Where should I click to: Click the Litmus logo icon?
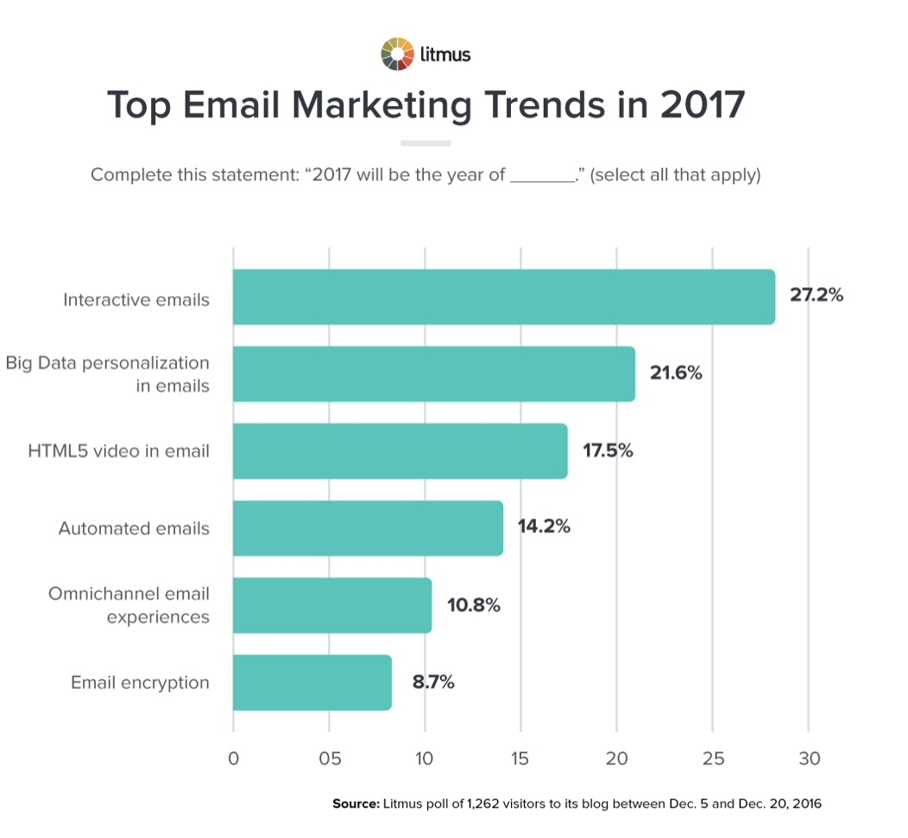(x=398, y=54)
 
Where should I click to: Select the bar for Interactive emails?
(x=504, y=297)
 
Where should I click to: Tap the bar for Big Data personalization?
(x=434, y=374)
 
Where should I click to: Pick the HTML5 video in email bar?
(x=400, y=451)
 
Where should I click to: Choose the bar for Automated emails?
(x=369, y=528)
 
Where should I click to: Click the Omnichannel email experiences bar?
(x=332, y=606)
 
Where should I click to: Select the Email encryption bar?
(x=312, y=682)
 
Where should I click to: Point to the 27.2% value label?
(x=816, y=295)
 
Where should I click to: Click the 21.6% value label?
(x=676, y=373)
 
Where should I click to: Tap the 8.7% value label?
(x=432, y=682)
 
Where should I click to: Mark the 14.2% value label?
(x=544, y=526)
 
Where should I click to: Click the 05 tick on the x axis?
(x=329, y=759)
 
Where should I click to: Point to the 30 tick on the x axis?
(x=809, y=759)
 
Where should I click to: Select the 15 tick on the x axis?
(x=520, y=759)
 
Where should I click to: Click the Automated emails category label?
(x=134, y=528)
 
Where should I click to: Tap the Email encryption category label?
(x=140, y=682)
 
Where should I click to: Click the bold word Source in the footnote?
(x=356, y=803)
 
